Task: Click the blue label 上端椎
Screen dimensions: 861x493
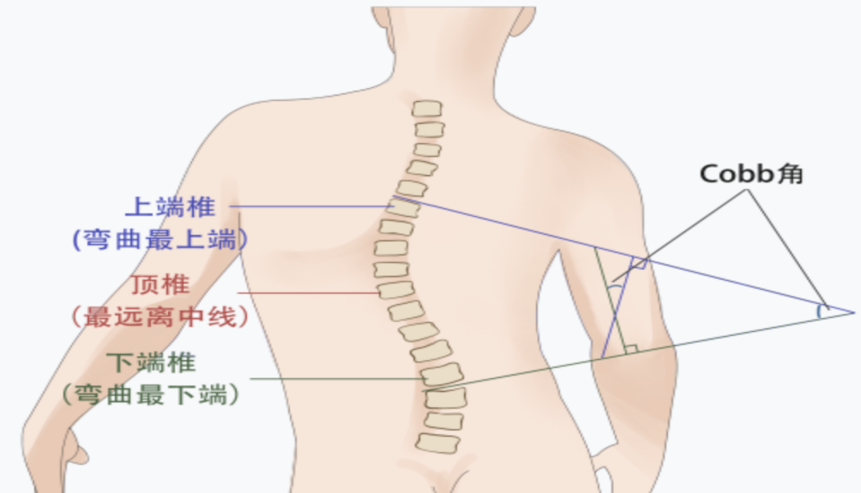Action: click(170, 207)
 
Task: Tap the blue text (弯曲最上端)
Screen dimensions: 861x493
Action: click(160, 239)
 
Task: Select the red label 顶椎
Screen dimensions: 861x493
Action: click(160, 285)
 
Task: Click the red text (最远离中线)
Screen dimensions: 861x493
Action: click(160, 316)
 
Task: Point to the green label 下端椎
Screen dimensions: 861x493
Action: click(151, 363)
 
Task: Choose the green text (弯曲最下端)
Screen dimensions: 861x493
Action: click(151, 395)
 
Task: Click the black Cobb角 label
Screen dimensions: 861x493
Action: click(751, 174)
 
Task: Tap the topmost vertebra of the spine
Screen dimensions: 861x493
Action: click(427, 109)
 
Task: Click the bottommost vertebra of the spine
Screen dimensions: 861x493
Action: click(438, 443)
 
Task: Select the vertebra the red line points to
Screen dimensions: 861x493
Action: click(395, 290)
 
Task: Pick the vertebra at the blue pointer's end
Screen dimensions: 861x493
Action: click(404, 207)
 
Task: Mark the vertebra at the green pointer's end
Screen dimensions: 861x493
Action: click(442, 375)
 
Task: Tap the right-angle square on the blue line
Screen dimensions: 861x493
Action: click(638, 263)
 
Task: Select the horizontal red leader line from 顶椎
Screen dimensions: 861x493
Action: click(308, 293)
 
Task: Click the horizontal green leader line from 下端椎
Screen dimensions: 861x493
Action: click(337, 379)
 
